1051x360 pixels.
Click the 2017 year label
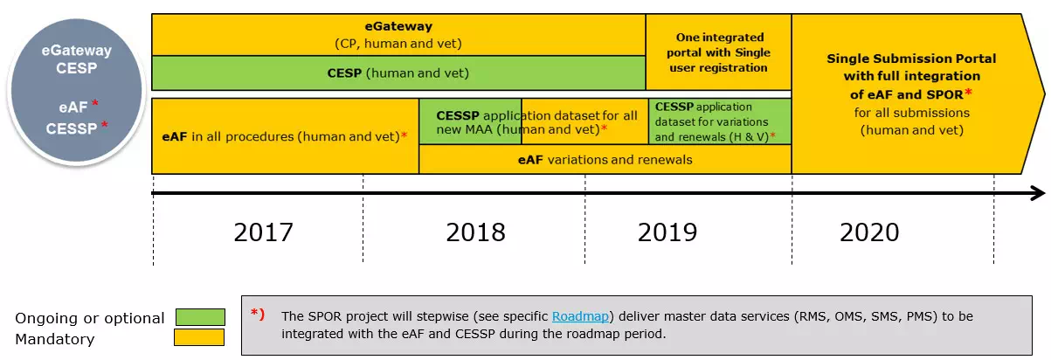coord(263,232)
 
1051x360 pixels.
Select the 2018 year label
coord(475,232)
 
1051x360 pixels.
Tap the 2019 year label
coord(667,232)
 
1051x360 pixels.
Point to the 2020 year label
coord(869,232)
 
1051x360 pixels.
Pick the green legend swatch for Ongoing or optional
coord(200,317)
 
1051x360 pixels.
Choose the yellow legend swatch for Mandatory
coord(200,337)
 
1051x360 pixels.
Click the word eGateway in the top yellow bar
coord(398,27)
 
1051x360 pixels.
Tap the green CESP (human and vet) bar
coord(398,73)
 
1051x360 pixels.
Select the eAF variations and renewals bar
coord(605,159)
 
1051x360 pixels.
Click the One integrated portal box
coord(718,52)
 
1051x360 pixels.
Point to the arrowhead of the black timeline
coord(1037,193)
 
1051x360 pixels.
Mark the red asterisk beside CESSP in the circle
coord(105,126)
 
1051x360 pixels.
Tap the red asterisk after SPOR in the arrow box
coord(969,92)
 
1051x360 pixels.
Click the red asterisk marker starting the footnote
coord(257,313)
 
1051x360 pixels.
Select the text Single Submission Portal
coord(911,59)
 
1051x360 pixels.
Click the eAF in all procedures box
coord(285,136)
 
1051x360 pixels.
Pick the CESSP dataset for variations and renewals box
coord(720,121)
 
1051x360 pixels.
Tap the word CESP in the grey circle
coord(76,67)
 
